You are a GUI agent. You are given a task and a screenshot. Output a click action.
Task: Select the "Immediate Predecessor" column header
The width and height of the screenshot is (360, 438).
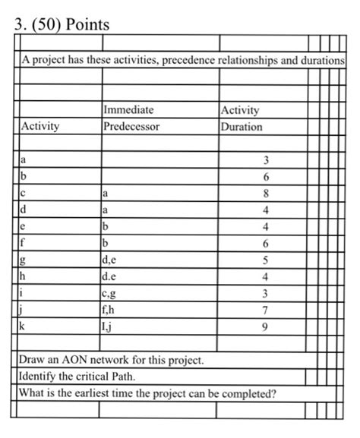(131, 118)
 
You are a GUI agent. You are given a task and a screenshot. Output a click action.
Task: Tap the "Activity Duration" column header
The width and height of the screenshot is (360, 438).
(242, 118)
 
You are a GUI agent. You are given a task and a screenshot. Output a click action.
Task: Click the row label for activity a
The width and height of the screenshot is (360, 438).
(24, 160)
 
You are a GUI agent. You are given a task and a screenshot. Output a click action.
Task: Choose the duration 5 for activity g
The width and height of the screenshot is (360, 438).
(266, 261)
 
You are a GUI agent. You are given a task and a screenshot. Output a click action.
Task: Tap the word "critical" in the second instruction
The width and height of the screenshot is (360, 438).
(105, 377)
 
